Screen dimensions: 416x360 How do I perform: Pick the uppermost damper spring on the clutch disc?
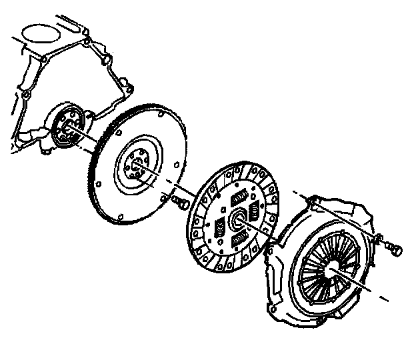[238, 198]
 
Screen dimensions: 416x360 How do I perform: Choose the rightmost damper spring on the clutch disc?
[254, 212]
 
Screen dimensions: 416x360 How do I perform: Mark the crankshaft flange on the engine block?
[67, 126]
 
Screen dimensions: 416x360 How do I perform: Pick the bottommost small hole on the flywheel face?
[118, 217]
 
